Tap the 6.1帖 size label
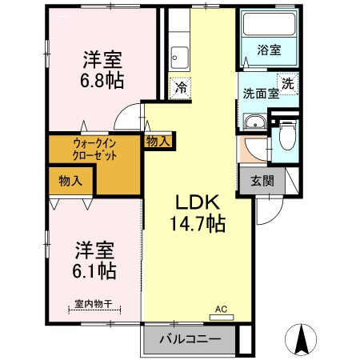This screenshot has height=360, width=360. [x=95, y=270]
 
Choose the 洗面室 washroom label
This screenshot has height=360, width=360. [x=260, y=93]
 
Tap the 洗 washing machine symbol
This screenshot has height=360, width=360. [x=286, y=82]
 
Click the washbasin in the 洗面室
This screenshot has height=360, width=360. [x=254, y=122]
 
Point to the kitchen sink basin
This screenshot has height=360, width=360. [x=181, y=57]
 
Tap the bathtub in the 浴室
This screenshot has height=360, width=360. [x=268, y=26]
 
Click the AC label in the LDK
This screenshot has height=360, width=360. [x=222, y=309]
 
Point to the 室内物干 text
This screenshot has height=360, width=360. [x=92, y=304]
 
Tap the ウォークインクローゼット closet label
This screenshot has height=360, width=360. [x=94, y=149]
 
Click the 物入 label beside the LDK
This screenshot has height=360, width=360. [x=157, y=141]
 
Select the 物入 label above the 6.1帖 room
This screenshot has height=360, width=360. [x=69, y=181]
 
